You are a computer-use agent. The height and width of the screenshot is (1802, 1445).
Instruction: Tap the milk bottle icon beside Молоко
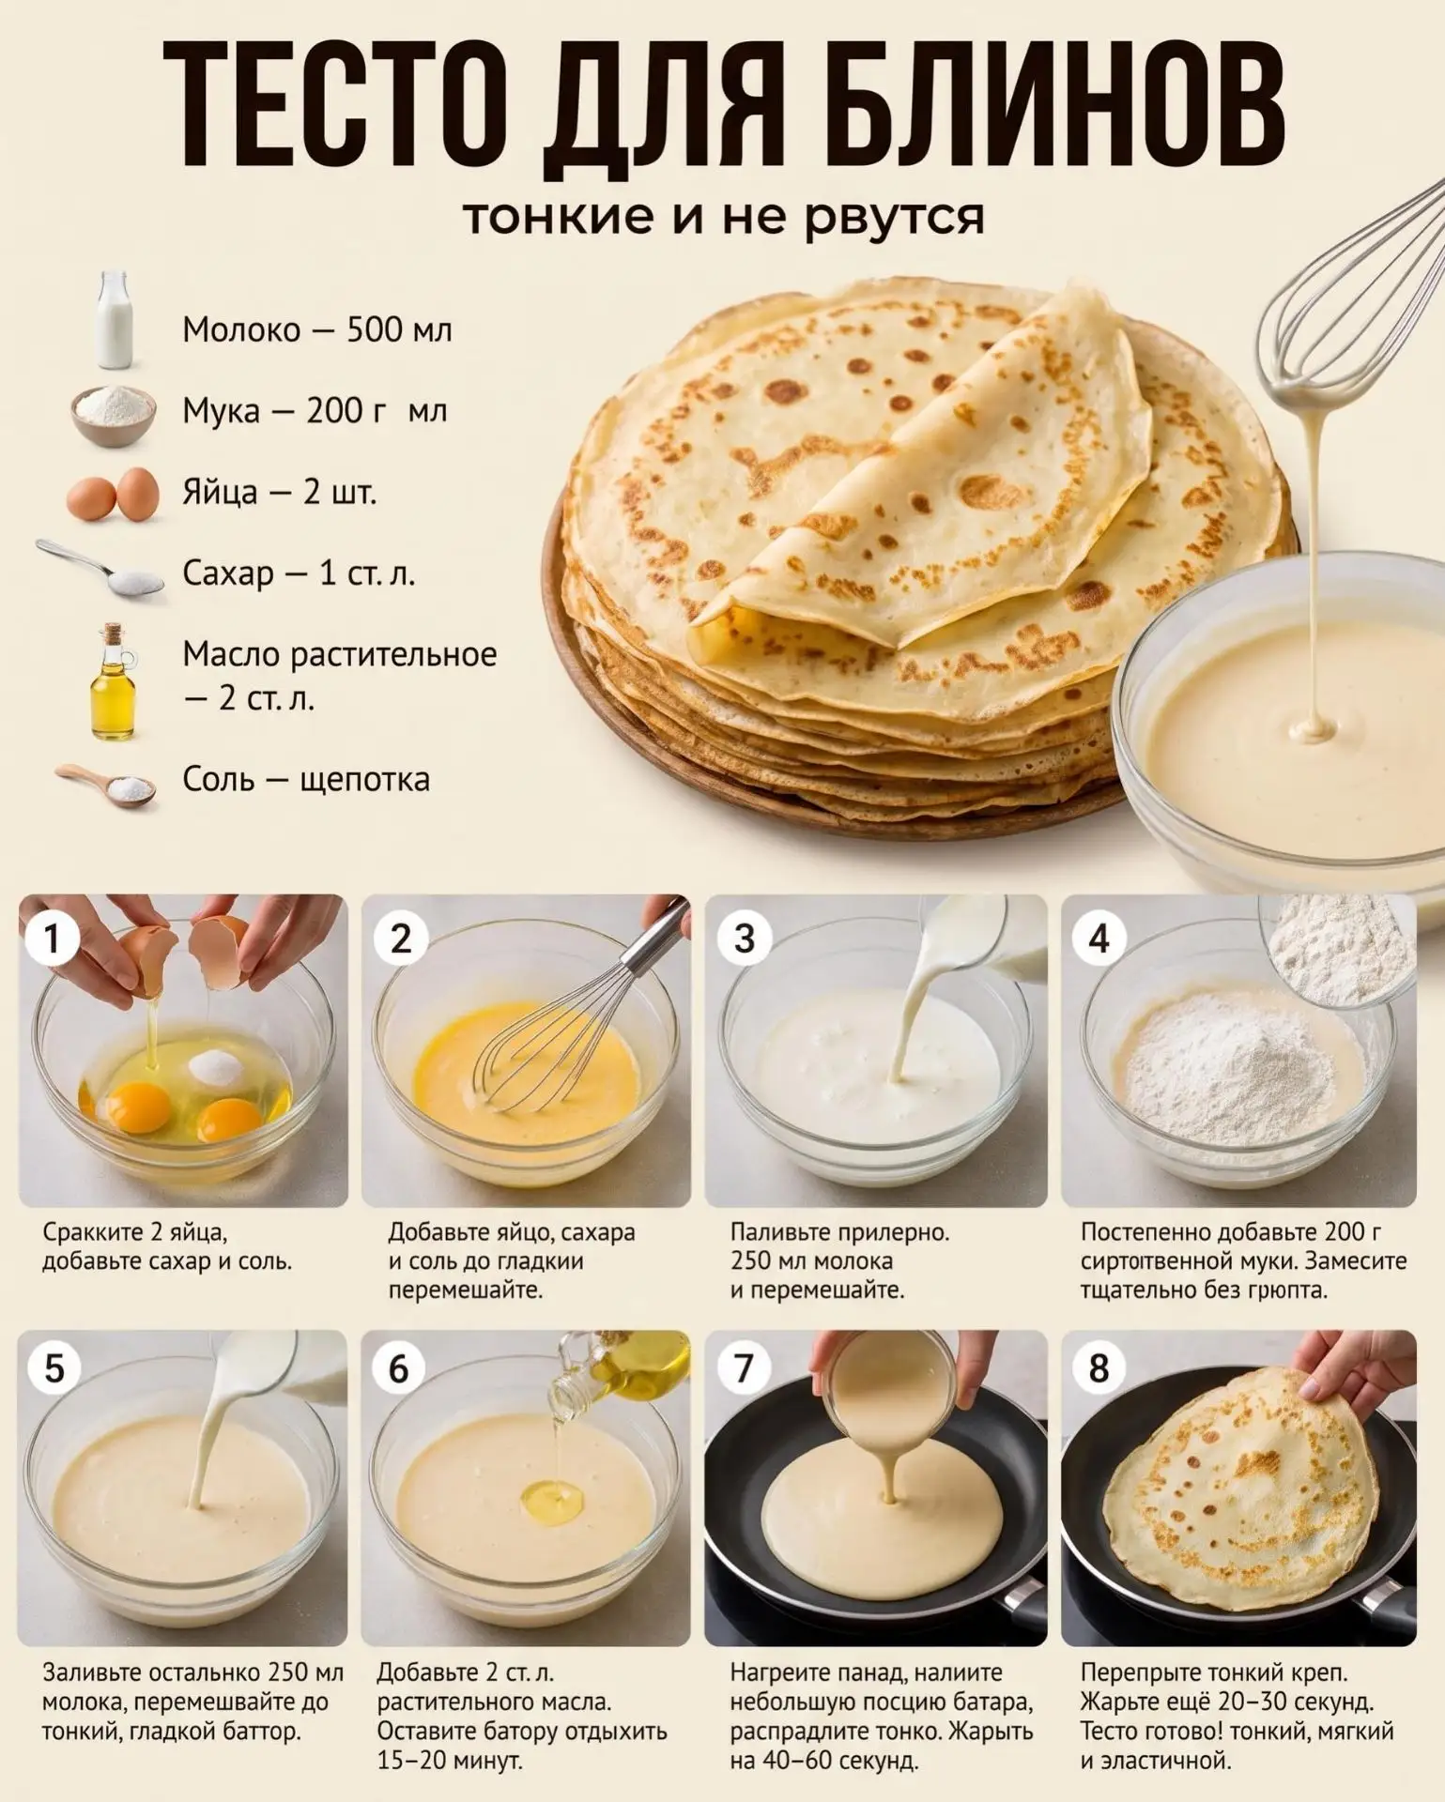pos(114,320)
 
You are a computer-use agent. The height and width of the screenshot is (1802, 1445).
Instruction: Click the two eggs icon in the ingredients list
pos(113,492)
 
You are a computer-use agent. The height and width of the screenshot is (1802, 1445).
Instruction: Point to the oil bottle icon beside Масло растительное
pos(113,680)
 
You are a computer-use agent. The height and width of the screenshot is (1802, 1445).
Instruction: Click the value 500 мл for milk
pos(400,330)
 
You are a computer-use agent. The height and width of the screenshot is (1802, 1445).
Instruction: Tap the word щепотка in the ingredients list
pos(365,780)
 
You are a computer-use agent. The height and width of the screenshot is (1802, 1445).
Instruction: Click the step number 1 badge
pos(52,939)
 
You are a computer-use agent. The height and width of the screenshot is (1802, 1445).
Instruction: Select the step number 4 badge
pos(1098,939)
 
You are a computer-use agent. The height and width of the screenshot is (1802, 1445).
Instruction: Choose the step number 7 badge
pos(745,1369)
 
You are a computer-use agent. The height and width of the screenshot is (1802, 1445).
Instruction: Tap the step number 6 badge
pos(400,1369)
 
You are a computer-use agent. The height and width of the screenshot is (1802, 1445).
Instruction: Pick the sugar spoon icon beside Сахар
pos(100,569)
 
